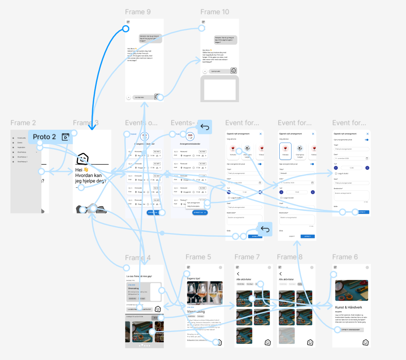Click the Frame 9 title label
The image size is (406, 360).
pyautogui.click(x=138, y=12)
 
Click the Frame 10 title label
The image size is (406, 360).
pyautogui.click(x=215, y=12)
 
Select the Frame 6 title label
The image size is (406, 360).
pyautogui.click(x=345, y=257)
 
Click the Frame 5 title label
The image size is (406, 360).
pyautogui.click(x=198, y=257)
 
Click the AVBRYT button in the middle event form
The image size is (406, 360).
pyautogui.click(x=292, y=236)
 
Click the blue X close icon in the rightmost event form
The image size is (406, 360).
pyautogui.click(x=368, y=134)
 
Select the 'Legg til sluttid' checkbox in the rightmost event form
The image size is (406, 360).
pyautogui.click(x=336, y=173)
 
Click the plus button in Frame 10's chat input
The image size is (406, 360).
pyautogui.click(x=205, y=71)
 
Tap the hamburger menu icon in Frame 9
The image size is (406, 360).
pyautogui.click(x=128, y=22)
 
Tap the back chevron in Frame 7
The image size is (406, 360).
pyautogui.click(x=238, y=274)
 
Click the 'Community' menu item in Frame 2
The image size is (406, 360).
pyautogui.click(x=22, y=138)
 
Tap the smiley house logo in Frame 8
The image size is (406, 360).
pyautogui.click(x=310, y=342)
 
